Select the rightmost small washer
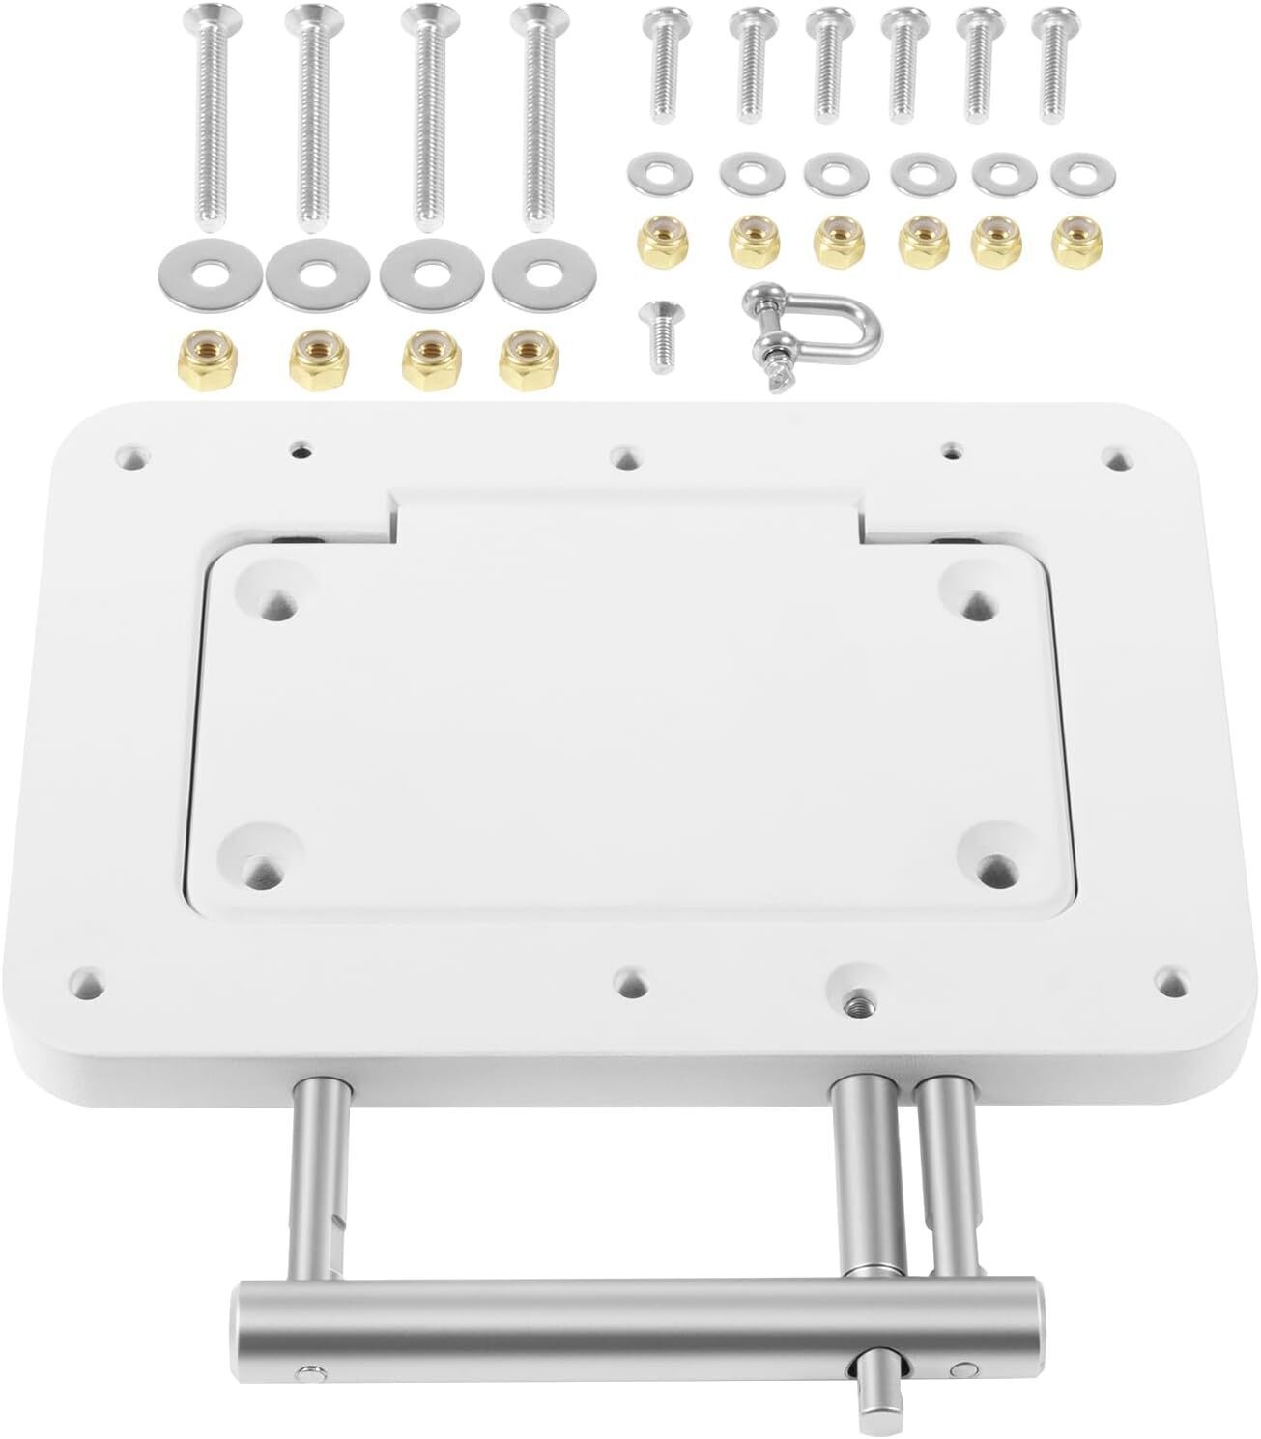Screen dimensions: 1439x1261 click(1075, 175)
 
